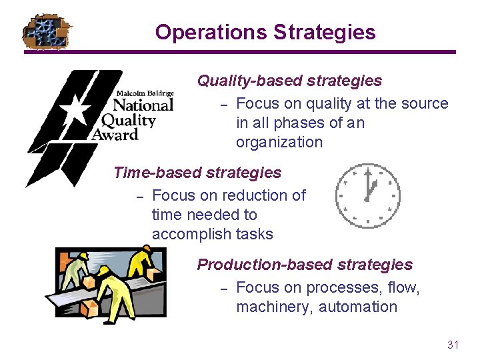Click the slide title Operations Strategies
click(265, 32)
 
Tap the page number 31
click(453, 345)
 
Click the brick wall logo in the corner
click(47, 32)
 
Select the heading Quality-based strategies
click(289, 81)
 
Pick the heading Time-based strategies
click(197, 173)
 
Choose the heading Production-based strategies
click(305, 265)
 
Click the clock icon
click(367, 194)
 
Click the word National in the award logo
click(143, 105)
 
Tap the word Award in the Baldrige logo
click(115, 134)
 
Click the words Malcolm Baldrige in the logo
click(145, 93)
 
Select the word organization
click(279, 142)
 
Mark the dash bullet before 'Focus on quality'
click(225, 104)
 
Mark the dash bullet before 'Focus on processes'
click(225, 288)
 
